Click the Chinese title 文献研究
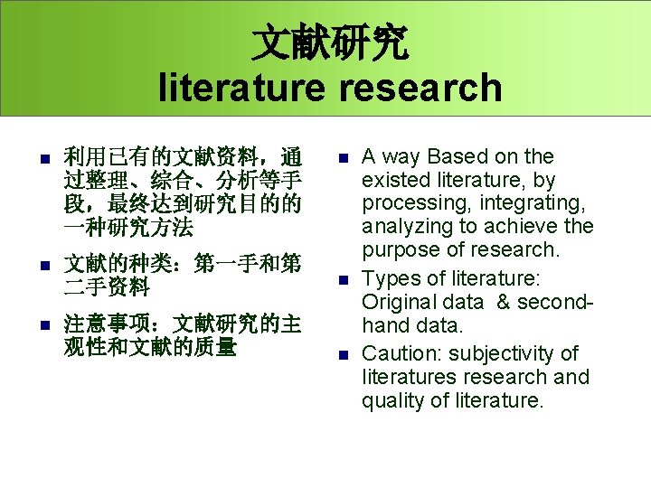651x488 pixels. tap(329, 41)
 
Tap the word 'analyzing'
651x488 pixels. tap(406, 226)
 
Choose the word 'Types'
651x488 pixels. tap(388, 278)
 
